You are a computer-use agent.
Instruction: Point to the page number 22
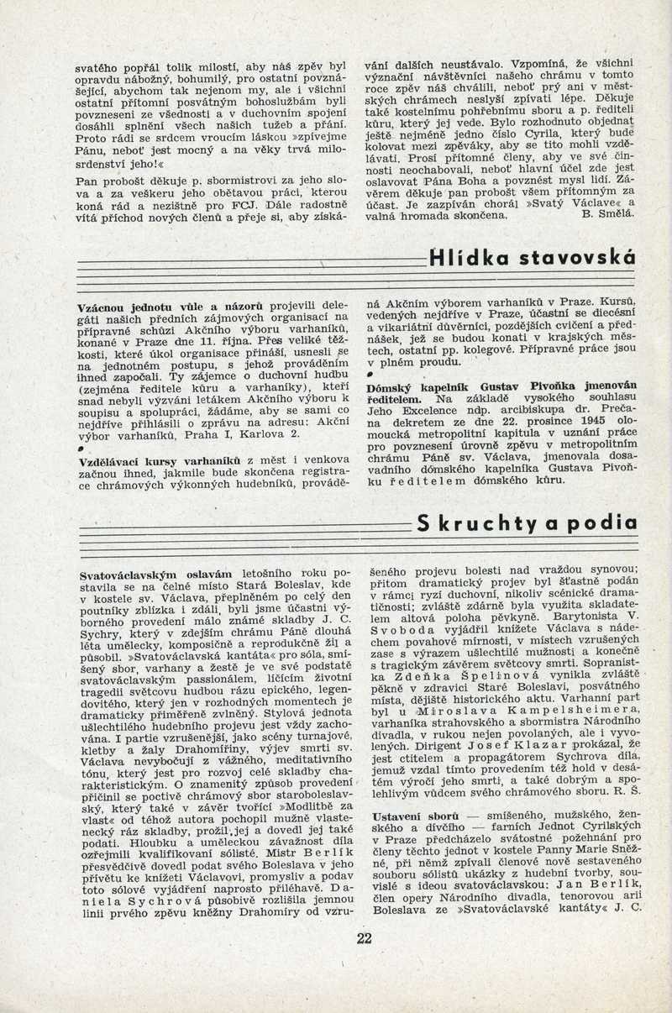[x=364, y=938]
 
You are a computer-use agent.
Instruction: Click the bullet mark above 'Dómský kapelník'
[x=370, y=372]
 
